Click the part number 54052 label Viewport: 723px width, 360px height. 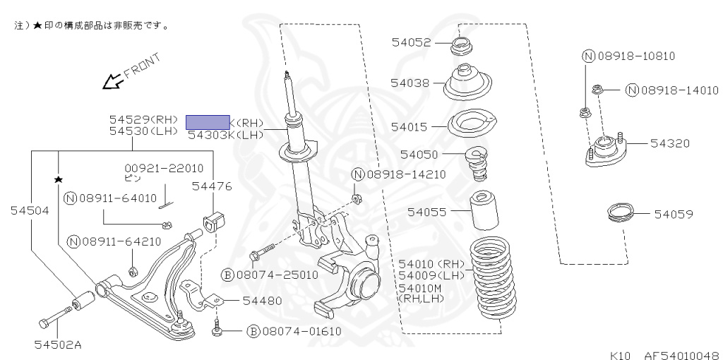click(411, 42)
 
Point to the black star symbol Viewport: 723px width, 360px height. click(59, 180)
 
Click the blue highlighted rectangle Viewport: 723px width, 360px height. click(207, 121)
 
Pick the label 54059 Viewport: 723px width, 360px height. click(673, 213)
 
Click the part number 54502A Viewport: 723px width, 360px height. click(58, 344)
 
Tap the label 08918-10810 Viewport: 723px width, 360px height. click(628, 56)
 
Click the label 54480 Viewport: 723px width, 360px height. click(262, 300)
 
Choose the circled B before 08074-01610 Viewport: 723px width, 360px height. click(252, 331)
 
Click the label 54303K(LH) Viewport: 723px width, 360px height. click(225, 134)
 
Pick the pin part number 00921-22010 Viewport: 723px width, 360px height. click(164, 168)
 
